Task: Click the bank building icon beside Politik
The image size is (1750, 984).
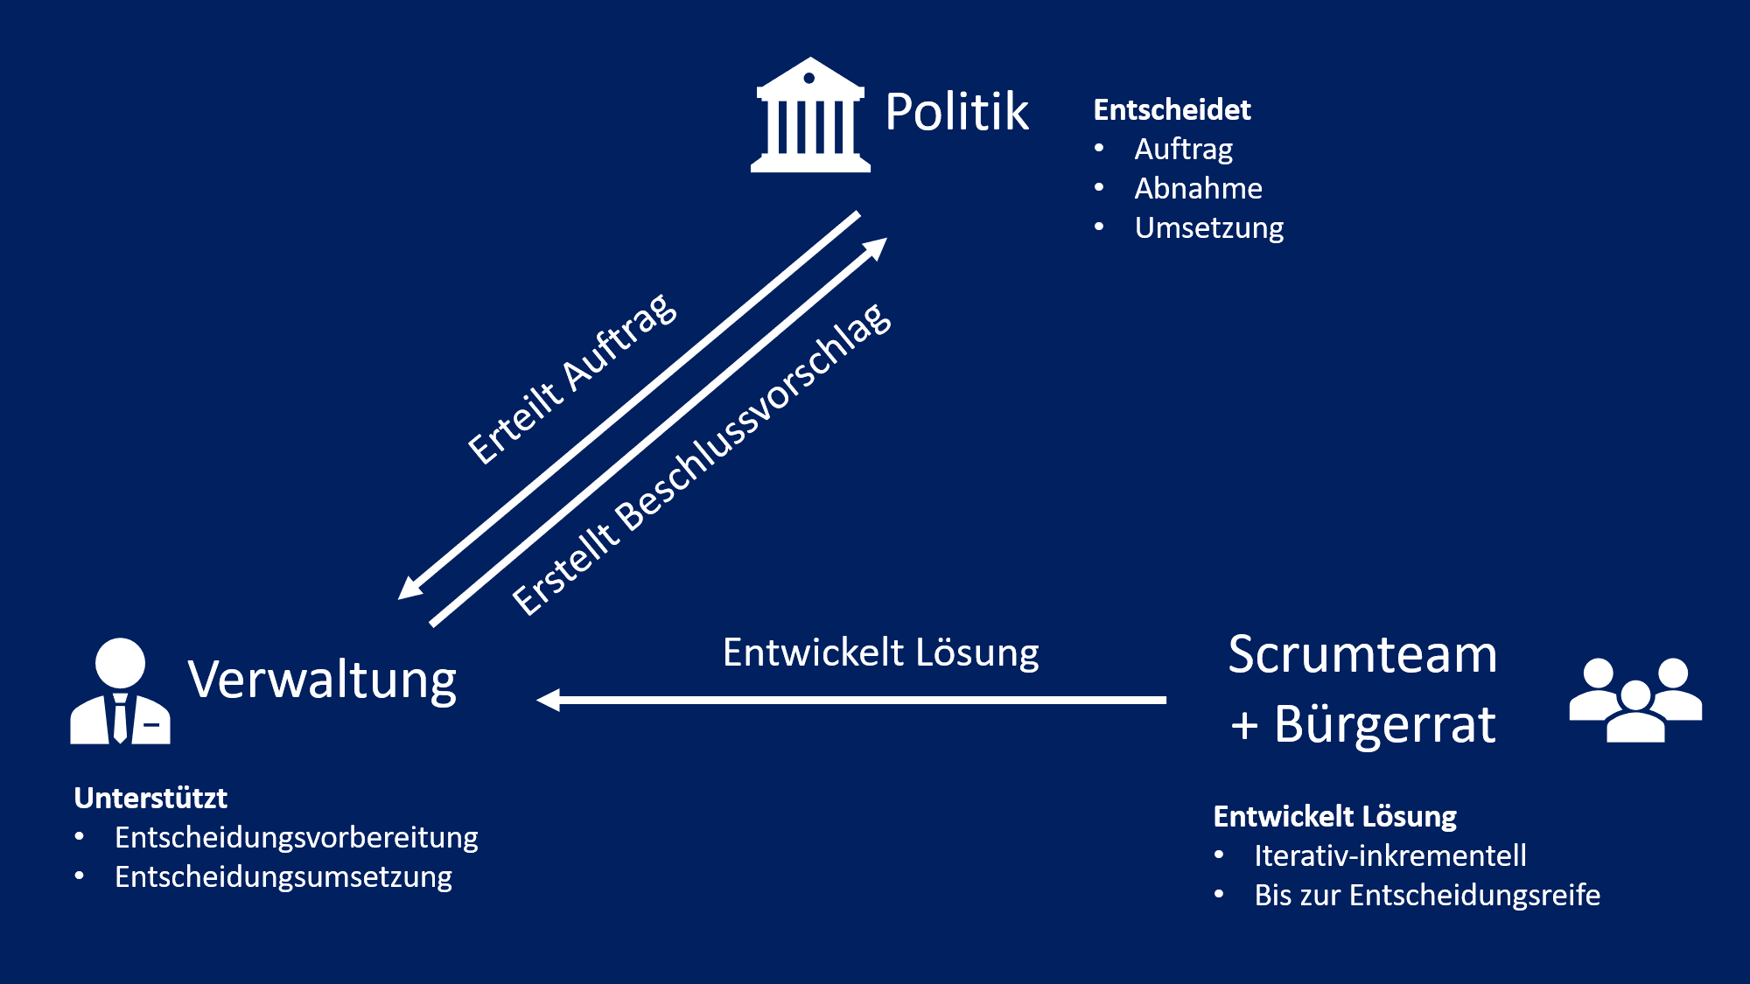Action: tap(810, 116)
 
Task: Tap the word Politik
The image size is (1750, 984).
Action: tap(956, 112)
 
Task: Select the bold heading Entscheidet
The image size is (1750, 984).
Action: tap(1172, 110)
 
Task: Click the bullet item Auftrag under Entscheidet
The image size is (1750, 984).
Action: tap(1183, 150)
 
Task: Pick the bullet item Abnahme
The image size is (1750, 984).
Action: tap(1198, 189)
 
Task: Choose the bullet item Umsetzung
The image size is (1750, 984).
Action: tap(1208, 228)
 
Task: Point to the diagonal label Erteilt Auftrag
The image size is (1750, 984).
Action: tap(572, 378)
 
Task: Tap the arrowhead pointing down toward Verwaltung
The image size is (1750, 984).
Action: tap(409, 587)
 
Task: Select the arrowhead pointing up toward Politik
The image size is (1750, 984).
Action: tap(876, 248)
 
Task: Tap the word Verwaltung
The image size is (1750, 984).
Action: tap(322, 680)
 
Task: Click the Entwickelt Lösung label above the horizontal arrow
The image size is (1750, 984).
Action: tap(880, 653)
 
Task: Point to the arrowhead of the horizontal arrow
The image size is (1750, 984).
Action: tap(548, 700)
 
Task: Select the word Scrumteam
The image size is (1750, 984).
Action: tap(1362, 654)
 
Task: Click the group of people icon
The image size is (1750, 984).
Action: tap(1635, 700)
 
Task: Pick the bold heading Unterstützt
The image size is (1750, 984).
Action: tap(150, 798)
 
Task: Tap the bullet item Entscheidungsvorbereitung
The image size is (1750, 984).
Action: tap(296, 838)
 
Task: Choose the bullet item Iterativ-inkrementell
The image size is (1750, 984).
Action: tap(1389, 855)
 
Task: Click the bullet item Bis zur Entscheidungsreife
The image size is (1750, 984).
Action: tap(1426, 896)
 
